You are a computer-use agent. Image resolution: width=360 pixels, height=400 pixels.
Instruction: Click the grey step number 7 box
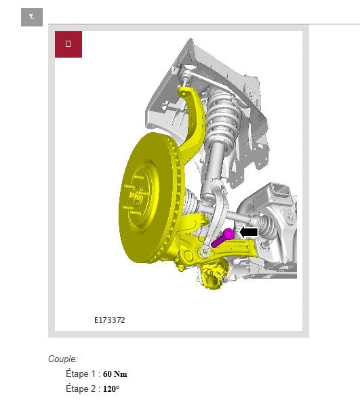pyautogui.click(x=32, y=17)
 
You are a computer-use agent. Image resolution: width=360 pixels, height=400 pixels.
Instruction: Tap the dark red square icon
pyautogui.click(x=68, y=44)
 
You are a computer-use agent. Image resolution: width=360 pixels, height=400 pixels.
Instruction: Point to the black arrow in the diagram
pyautogui.click(x=249, y=232)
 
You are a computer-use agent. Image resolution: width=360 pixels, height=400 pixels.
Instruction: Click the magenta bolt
pyautogui.click(x=223, y=238)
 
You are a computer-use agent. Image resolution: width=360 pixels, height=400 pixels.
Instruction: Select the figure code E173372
pyautogui.click(x=110, y=320)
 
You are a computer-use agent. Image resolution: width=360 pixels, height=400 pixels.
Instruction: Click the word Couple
pyautogui.click(x=62, y=359)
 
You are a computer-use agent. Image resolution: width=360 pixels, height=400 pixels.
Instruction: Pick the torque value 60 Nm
pyautogui.click(x=115, y=374)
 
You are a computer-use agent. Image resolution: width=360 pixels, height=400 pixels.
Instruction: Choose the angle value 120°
pyautogui.click(x=111, y=388)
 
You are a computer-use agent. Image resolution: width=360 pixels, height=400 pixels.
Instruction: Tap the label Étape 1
pyautogui.click(x=81, y=374)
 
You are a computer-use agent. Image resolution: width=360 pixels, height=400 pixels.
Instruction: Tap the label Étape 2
pyautogui.click(x=81, y=388)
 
